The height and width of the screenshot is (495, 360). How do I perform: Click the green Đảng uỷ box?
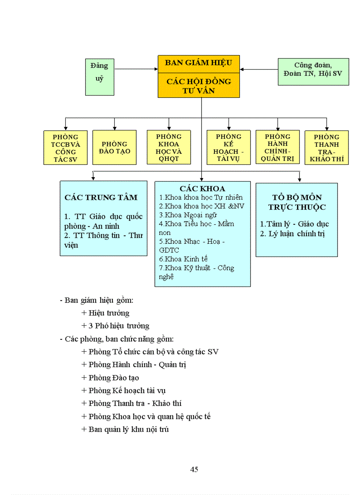[x=99, y=77]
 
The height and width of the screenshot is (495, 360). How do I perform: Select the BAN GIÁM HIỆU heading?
[x=199, y=63]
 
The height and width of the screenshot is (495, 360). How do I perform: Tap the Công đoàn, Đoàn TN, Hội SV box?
[x=313, y=71]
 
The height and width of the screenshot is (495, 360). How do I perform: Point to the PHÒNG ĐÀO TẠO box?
[x=114, y=148]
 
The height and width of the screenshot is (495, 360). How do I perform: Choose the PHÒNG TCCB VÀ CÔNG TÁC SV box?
[x=65, y=148]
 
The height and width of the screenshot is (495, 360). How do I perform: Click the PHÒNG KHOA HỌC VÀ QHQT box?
[x=169, y=147]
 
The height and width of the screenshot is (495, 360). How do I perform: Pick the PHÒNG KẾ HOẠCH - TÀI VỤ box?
[x=229, y=148]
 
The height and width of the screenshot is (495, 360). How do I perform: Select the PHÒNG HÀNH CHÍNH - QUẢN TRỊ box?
[x=277, y=148]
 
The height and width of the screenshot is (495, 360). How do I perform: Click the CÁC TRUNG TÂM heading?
[x=101, y=197]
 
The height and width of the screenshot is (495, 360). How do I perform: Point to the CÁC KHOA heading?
[x=202, y=189]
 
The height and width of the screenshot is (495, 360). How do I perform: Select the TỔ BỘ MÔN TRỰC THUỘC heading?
[x=297, y=202]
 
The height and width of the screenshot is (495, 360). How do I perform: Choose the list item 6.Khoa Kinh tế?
[x=184, y=259]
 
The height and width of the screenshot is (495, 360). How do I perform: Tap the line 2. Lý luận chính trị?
[x=292, y=234]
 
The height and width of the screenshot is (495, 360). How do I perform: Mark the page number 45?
[x=194, y=469]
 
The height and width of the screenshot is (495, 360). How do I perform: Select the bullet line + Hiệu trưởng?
[x=105, y=313]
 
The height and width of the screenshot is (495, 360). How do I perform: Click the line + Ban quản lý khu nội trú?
[x=125, y=429]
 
